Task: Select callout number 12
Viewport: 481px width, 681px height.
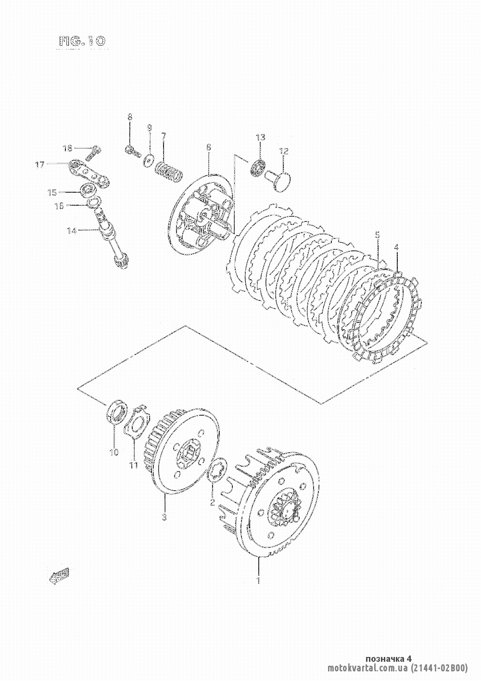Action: click(x=283, y=152)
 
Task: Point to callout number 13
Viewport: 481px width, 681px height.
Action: click(x=260, y=138)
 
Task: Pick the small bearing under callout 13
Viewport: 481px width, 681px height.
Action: click(x=257, y=168)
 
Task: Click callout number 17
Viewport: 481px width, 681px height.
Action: click(x=39, y=165)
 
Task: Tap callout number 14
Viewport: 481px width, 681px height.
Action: click(x=71, y=231)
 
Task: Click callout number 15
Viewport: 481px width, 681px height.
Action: click(x=51, y=193)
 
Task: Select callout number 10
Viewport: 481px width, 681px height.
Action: click(x=114, y=452)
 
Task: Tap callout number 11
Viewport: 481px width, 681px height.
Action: click(x=133, y=465)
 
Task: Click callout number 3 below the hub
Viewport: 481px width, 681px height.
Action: click(x=164, y=517)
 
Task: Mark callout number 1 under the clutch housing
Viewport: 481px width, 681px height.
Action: click(x=259, y=580)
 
